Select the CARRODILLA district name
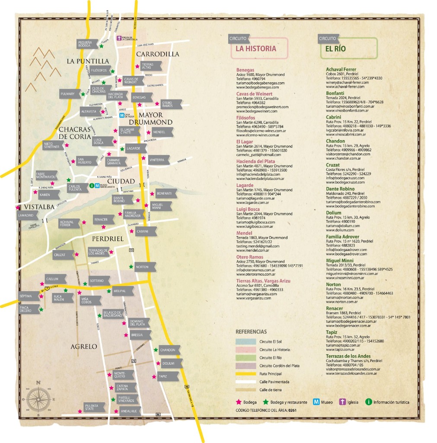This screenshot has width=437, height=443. click(157, 54)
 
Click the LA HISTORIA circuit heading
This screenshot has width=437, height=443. click(255, 48)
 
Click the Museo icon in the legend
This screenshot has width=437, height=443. click(316, 402)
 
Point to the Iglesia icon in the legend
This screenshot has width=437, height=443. click(343, 402)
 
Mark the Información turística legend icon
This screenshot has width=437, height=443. click(369, 402)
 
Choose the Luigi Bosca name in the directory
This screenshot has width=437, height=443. click(248, 209)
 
